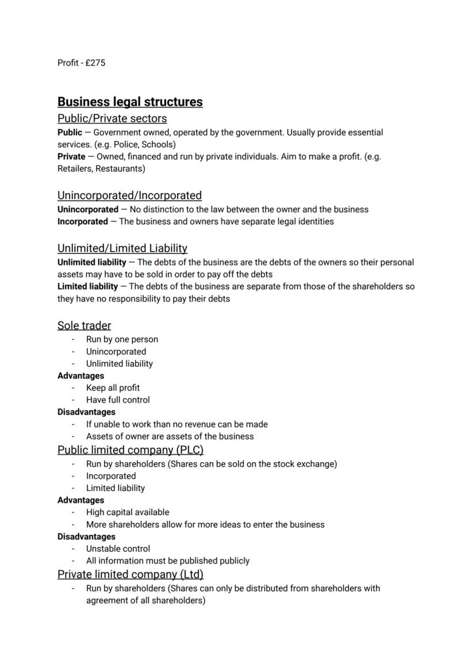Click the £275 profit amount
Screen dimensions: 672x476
point(95,63)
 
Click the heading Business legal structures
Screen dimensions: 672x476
point(130,102)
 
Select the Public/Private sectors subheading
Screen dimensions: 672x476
point(112,118)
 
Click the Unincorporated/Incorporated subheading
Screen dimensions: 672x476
point(129,195)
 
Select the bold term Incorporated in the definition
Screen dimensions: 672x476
point(82,221)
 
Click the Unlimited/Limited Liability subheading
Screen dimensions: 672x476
point(122,248)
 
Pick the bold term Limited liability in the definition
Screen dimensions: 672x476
point(87,286)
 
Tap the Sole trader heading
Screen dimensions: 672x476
point(84,325)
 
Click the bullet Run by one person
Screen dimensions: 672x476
point(122,339)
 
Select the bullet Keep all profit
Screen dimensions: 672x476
point(113,387)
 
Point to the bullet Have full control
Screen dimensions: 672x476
point(118,400)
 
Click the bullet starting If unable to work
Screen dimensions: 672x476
point(176,424)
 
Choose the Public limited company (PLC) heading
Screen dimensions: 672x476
point(130,450)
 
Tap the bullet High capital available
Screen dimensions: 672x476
point(128,512)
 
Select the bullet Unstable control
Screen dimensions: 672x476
point(118,548)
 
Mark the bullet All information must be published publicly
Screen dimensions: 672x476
point(168,560)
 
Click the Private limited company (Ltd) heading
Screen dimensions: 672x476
point(130,574)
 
